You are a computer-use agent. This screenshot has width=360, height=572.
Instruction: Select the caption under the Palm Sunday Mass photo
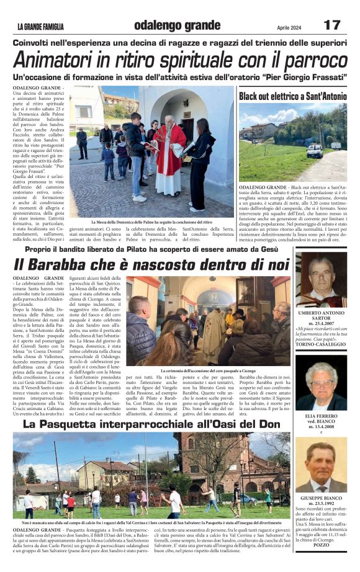click(x=150, y=222)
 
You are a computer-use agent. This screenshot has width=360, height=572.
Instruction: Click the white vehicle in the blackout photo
click(x=315, y=150)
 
